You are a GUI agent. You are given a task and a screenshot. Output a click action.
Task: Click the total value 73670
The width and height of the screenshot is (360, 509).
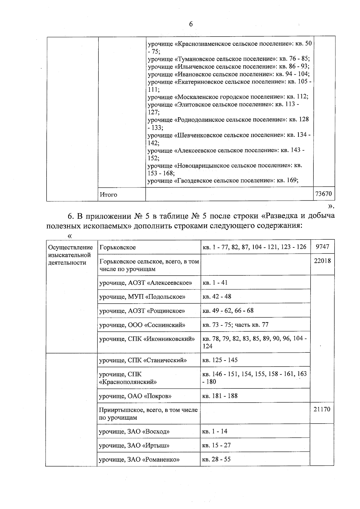[x=323, y=194]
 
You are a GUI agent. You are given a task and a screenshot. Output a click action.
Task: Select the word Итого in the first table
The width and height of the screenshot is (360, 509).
[x=109, y=195]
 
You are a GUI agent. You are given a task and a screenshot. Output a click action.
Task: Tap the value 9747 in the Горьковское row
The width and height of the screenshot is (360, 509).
[x=322, y=247]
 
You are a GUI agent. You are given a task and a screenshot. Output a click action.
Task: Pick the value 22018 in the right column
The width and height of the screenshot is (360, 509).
[x=322, y=261]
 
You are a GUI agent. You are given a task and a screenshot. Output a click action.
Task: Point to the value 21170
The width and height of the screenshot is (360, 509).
[x=322, y=409]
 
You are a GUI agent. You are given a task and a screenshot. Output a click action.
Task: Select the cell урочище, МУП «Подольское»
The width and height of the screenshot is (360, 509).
[x=142, y=297]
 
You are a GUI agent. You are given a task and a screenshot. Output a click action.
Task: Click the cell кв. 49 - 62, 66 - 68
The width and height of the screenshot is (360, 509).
[x=228, y=311]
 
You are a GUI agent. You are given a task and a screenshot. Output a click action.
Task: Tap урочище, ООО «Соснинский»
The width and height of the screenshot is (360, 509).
[x=142, y=325]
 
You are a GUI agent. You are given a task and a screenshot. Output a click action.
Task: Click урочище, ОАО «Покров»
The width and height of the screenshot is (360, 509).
[x=139, y=396]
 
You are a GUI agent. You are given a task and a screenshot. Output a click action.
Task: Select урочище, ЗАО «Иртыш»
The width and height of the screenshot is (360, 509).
[x=134, y=445]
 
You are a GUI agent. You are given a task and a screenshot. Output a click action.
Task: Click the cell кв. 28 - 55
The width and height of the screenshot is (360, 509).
[x=216, y=460]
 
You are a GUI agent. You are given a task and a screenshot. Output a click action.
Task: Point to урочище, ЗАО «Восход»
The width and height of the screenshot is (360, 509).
[x=134, y=432]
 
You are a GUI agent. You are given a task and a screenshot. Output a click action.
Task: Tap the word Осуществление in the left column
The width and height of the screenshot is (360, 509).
[x=70, y=247]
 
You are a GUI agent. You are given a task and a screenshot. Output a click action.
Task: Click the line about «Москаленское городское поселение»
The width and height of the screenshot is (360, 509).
[x=228, y=97]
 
